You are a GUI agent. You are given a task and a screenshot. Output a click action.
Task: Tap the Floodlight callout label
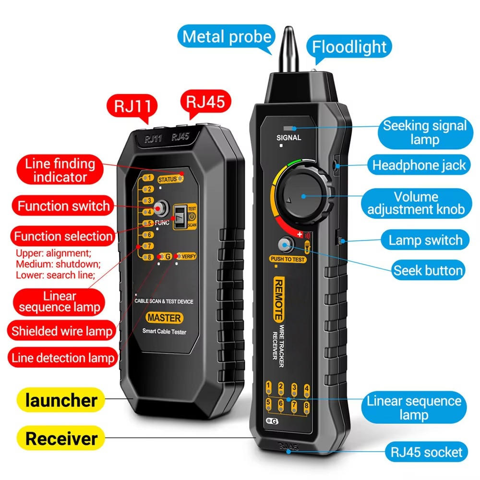tap(349, 47)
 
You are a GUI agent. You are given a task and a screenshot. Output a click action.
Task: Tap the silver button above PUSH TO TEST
tap(287, 246)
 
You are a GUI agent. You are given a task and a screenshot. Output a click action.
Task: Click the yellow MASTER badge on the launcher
tap(164, 318)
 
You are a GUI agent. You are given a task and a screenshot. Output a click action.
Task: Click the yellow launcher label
tap(62, 400)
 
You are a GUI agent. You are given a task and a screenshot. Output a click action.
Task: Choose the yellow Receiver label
tap(61, 438)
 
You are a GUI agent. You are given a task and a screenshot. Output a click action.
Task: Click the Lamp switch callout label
tap(425, 240)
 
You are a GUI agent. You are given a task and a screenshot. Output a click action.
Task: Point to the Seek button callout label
tap(428, 270)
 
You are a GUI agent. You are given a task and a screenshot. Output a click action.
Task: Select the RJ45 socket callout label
tap(426, 452)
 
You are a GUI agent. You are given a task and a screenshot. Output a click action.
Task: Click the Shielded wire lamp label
tap(62, 331)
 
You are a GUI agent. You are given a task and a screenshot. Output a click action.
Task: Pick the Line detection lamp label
tap(63, 358)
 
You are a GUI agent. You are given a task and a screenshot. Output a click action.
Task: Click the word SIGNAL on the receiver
tap(289, 138)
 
